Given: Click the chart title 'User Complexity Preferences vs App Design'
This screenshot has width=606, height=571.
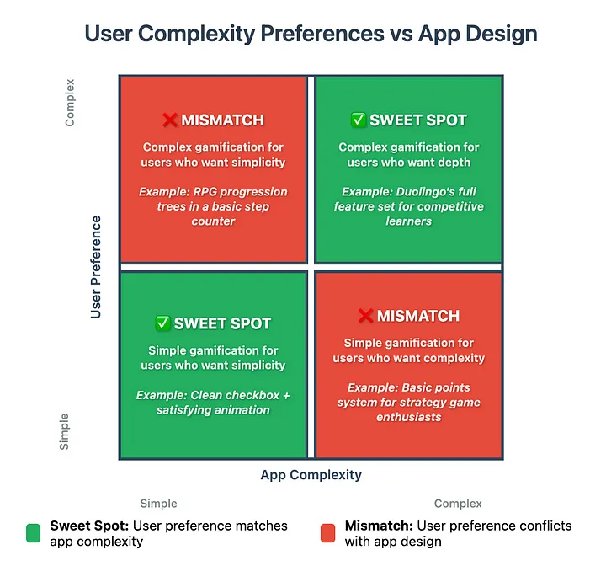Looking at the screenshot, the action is (311, 34).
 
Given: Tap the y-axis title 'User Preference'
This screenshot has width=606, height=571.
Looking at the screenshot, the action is (96, 267).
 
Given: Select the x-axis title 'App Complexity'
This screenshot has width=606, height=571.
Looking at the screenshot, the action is (311, 475).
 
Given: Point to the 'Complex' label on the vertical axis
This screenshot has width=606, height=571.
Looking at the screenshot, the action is (70, 103).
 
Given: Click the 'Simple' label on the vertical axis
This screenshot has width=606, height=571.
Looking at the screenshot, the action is (64, 432).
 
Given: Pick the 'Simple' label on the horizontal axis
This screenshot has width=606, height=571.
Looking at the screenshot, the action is (158, 504).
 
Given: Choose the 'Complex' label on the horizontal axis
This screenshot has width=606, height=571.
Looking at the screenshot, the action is (458, 504).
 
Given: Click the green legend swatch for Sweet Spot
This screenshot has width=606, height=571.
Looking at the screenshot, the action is (33, 533).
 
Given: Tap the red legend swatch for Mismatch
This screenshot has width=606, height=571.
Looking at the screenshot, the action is (328, 533).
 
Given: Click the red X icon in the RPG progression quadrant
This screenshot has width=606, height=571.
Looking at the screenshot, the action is (170, 120).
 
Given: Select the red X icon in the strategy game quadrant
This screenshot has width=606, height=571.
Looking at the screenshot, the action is (365, 316).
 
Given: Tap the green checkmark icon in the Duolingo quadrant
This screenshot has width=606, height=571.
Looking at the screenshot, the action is (359, 120).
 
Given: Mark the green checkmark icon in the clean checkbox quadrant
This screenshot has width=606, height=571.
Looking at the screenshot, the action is (162, 323).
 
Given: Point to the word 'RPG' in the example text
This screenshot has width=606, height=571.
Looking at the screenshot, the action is (203, 192).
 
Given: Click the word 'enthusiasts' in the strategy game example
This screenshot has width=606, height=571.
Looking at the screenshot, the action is (409, 417).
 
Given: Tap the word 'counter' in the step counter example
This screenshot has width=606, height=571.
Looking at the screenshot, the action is (213, 221).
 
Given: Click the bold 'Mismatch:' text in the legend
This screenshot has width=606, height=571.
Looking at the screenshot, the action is (379, 526).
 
